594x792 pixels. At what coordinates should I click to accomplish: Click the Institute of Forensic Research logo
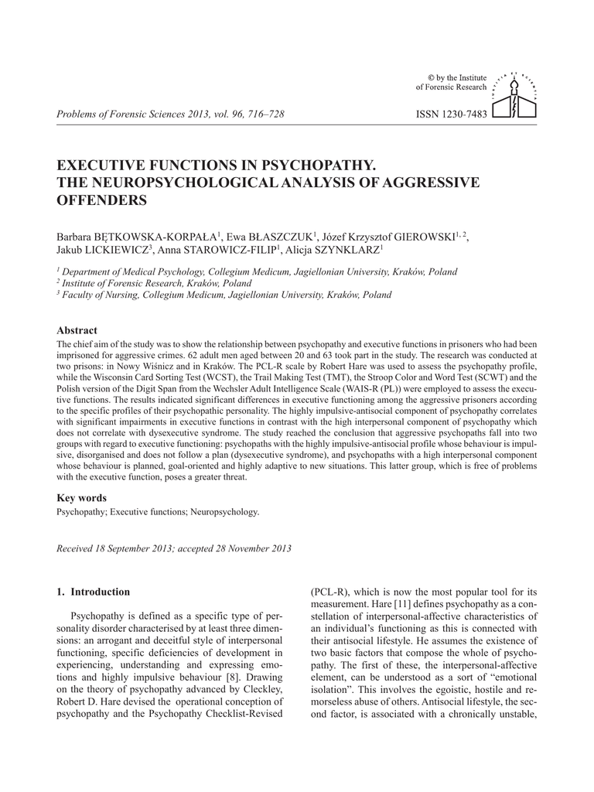[x=514, y=96]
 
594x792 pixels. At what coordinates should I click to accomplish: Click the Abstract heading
[x=77, y=330]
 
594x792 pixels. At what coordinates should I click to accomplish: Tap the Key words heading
[x=81, y=498]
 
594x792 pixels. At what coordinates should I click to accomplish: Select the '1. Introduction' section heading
[x=94, y=592]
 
